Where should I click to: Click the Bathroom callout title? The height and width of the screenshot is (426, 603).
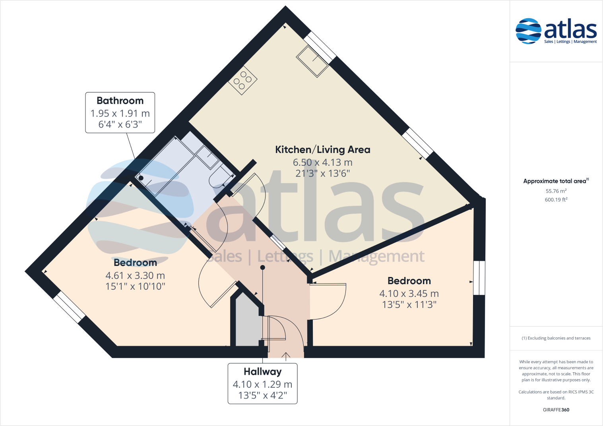[x=120, y=101]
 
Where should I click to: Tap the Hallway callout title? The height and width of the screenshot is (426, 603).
[x=262, y=372]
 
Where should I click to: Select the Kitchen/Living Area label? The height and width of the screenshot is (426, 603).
[x=322, y=150]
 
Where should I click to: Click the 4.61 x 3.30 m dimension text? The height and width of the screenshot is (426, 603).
[x=135, y=275]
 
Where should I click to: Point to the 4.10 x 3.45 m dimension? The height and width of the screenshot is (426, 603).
[x=409, y=294]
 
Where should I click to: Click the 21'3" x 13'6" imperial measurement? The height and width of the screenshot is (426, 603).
[x=322, y=173]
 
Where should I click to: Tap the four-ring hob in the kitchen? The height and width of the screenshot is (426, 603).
[x=242, y=80]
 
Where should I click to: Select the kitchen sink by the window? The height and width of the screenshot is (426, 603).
[x=312, y=61]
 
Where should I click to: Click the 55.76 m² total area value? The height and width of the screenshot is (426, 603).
[x=556, y=191]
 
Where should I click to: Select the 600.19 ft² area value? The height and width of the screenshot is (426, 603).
[x=556, y=200]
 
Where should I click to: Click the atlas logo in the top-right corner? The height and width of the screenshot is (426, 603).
[x=556, y=31]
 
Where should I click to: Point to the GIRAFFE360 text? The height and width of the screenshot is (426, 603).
[x=556, y=410]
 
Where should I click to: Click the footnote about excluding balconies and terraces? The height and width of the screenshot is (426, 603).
[x=556, y=338]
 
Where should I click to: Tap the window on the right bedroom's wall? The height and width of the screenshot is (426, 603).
[x=479, y=278]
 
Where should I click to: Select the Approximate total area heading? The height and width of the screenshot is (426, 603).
[x=555, y=181]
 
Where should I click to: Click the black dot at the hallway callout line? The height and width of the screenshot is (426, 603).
[x=262, y=267]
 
